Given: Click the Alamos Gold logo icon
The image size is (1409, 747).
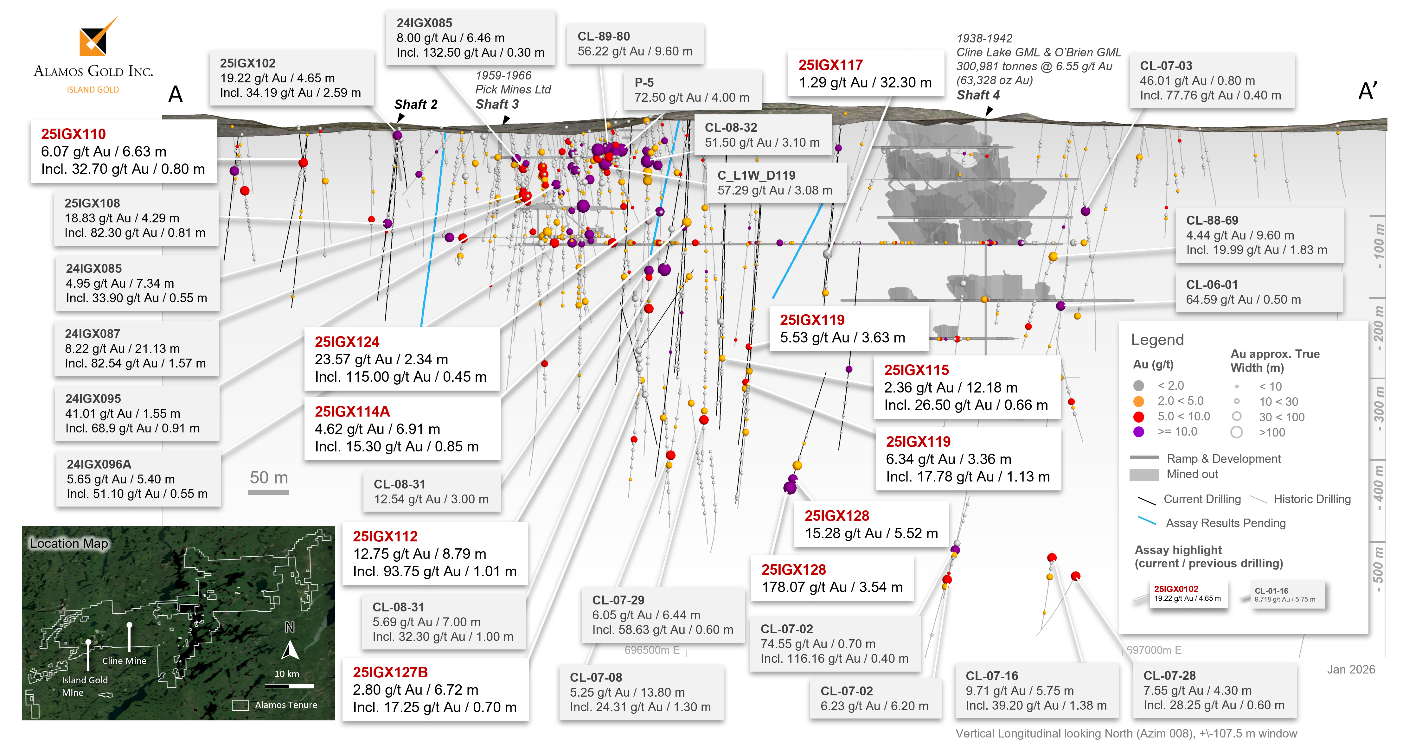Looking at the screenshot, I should pyautogui.click(x=96, y=38).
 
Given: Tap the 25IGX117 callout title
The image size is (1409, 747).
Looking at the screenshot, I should pyautogui.click(x=830, y=65).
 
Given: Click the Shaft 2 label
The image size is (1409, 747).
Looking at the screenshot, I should pyautogui.click(x=416, y=105).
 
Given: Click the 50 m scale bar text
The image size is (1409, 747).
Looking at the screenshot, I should pyautogui.click(x=269, y=477).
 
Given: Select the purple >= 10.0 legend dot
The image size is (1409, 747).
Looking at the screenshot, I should pyautogui.click(x=1139, y=432).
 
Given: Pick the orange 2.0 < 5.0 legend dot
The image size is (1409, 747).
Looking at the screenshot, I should pyautogui.click(x=1139, y=401).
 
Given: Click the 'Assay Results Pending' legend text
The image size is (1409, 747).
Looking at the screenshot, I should pyautogui.click(x=1225, y=523).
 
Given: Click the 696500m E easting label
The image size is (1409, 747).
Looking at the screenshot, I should pyautogui.click(x=652, y=650).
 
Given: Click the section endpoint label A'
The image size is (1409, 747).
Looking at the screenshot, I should pyautogui.click(x=1367, y=91).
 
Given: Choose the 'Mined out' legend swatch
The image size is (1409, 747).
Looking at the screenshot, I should pyautogui.click(x=1144, y=475).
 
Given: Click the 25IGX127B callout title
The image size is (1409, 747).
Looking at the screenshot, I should pyautogui.click(x=390, y=672).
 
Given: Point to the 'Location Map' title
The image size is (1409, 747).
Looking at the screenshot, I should pyautogui.click(x=69, y=543).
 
